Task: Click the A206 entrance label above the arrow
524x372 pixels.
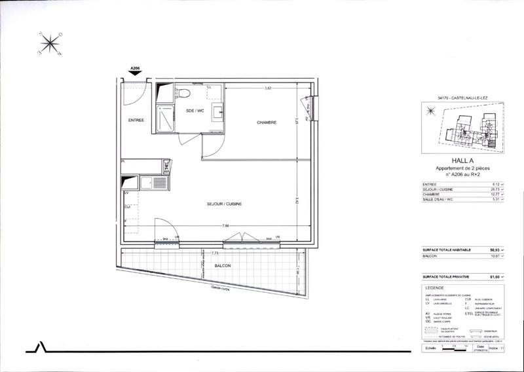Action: click(x=136, y=68)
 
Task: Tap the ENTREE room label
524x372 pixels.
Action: click(x=136, y=121)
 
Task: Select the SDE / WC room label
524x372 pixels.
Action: click(x=196, y=110)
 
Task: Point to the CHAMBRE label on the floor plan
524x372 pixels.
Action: click(x=266, y=122)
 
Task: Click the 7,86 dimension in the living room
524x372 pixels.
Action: click(x=226, y=227)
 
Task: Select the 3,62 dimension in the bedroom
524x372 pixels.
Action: click(x=268, y=88)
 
